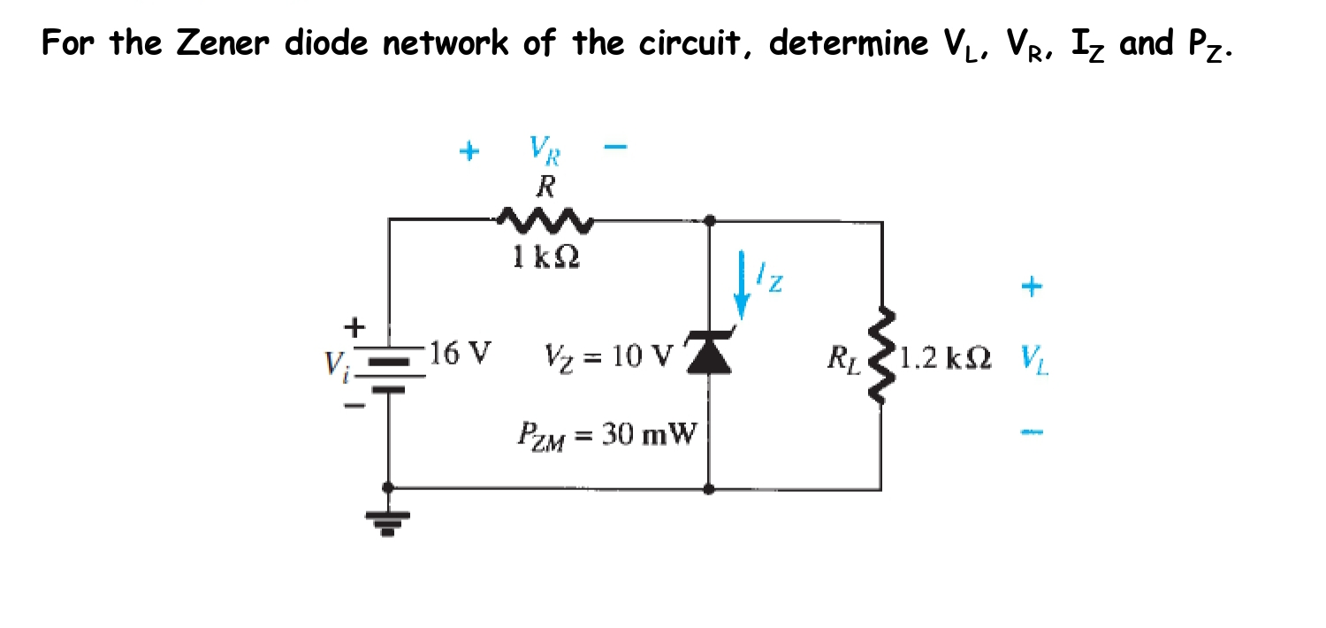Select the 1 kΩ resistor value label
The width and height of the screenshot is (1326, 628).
(546, 257)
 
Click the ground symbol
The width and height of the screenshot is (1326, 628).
(388, 524)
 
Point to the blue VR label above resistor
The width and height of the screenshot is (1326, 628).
(545, 149)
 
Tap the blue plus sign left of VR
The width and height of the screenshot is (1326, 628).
(469, 151)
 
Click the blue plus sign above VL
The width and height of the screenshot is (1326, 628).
(1033, 286)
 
